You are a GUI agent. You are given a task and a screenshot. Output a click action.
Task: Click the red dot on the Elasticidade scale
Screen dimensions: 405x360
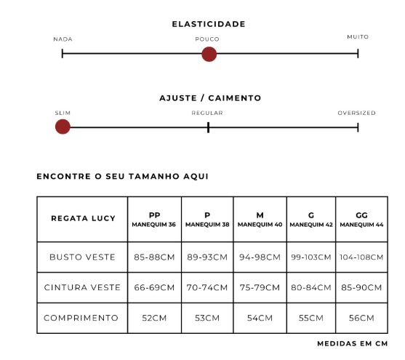(x=209, y=55)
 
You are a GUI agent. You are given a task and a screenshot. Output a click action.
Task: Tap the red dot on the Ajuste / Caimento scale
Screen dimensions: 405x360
(x=63, y=127)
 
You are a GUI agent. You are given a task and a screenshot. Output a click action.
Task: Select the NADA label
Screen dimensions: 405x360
(x=63, y=39)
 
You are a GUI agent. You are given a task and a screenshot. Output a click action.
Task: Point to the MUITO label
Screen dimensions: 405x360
(x=358, y=37)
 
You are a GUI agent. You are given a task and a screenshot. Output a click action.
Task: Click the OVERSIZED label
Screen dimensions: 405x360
(x=357, y=113)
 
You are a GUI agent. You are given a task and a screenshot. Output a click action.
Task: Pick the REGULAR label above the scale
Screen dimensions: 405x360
(x=207, y=113)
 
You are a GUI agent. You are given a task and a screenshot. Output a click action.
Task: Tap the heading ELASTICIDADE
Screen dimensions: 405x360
(x=209, y=24)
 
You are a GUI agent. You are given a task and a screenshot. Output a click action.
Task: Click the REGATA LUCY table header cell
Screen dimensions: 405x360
(x=83, y=218)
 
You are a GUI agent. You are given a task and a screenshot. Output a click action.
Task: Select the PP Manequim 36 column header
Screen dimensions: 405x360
(x=154, y=220)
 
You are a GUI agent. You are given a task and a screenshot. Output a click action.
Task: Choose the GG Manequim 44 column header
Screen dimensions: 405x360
(x=361, y=220)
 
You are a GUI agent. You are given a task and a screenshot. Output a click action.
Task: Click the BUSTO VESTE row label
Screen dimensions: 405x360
(x=82, y=257)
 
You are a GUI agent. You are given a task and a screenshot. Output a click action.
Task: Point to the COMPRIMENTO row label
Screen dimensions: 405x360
(x=81, y=318)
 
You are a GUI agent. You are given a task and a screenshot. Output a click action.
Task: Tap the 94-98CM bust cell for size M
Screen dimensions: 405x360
(x=260, y=257)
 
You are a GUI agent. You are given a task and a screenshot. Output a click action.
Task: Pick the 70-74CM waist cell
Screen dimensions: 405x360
(x=207, y=288)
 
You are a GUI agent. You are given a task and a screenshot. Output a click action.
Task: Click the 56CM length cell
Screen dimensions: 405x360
(x=361, y=318)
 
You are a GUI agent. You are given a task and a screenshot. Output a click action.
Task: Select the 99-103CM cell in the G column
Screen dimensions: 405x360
(x=311, y=257)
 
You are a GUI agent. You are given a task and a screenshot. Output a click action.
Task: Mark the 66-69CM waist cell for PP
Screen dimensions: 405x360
(x=154, y=288)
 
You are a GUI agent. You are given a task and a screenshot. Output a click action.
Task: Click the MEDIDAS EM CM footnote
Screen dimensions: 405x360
(x=353, y=344)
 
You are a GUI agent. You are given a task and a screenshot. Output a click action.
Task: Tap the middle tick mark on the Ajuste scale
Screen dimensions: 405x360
(x=208, y=127)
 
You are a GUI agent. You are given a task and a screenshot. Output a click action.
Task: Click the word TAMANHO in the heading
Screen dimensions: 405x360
(x=154, y=177)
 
